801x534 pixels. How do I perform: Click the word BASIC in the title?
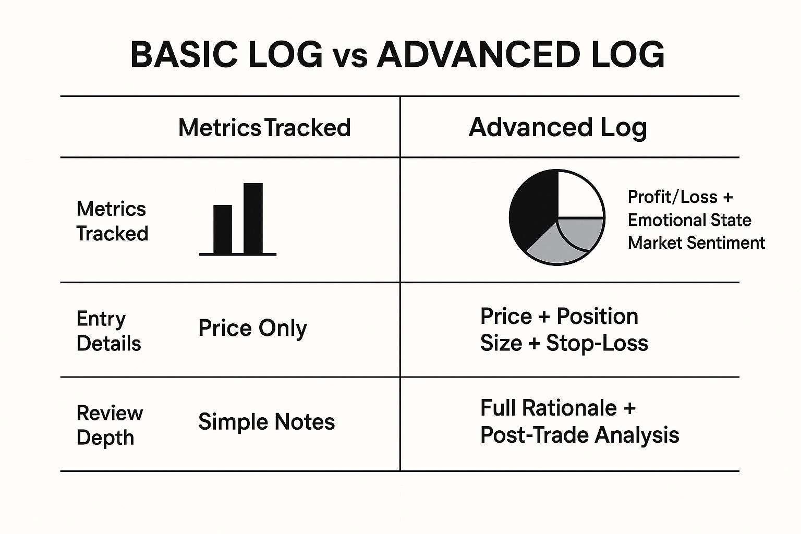184,55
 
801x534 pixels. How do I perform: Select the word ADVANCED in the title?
478,55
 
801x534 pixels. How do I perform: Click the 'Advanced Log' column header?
558,128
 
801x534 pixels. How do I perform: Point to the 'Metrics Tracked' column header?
264,128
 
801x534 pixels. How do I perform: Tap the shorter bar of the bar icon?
223,229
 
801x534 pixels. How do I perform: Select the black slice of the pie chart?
533,211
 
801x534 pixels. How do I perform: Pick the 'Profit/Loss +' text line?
680,197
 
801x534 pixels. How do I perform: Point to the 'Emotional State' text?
689,220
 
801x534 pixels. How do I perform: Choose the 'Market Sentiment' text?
696,243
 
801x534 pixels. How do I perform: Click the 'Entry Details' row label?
108,331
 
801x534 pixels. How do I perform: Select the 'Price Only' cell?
253,329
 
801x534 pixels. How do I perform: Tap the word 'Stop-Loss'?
597,343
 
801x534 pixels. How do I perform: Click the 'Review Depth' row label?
110,426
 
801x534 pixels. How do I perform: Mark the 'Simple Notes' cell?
266,422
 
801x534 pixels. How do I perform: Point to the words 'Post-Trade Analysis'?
580,435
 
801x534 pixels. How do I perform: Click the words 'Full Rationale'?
549,408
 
